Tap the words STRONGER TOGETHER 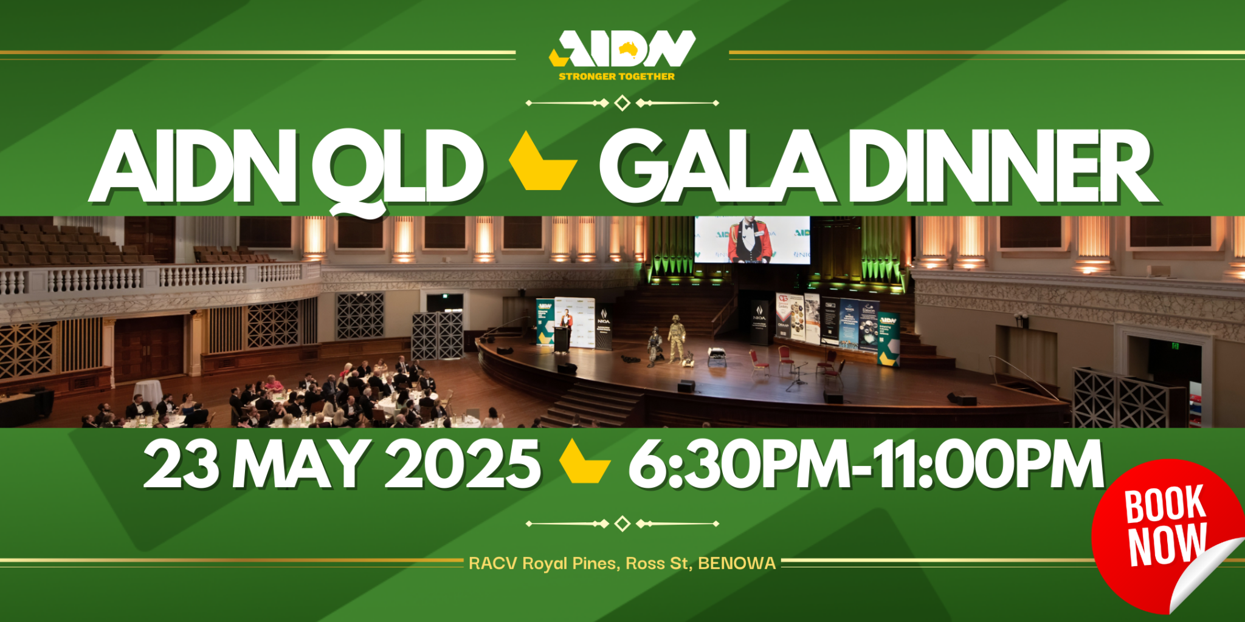pyautogui.click(x=616, y=77)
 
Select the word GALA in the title pyautogui.click(x=717, y=167)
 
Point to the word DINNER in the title pyautogui.click(x=1003, y=167)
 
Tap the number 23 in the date pyautogui.click(x=181, y=465)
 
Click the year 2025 pyautogui.click(x=462, y=465)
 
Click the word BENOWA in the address pyautogui.click(x=737, y=564)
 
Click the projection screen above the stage pyautogui.click(x=752, y=239)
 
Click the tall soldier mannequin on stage pyautogui.click(x=676, y=337)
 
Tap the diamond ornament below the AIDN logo pyautogui.click(x=622, y=103)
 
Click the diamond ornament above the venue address pyautogui.click(x=622, y=524)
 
